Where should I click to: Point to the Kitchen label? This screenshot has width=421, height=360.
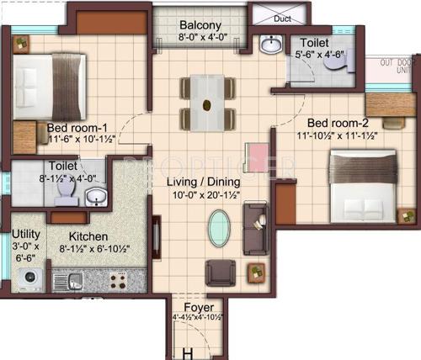(x=88, y=236)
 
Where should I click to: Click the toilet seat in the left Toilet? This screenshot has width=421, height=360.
(x=66, y=196)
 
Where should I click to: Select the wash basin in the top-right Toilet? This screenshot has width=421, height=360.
(x=270, y=44)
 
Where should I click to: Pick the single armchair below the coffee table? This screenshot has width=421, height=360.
(x=221, y=271)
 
